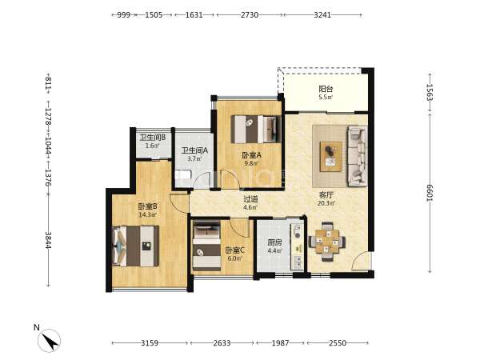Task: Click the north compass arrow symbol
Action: [x=49, y=340]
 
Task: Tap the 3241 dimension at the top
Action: [x=322, y=14]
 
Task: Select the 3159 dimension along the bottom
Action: [x=150, y=343]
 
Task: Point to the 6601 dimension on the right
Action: [x=430, y=193]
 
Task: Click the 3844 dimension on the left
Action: [x=48, y=240]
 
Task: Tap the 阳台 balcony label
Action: [x=326, y=89]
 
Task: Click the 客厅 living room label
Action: [x=326, y=195]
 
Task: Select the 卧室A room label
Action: [x=252, y=155]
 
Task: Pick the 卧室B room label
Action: [x=147, y=206]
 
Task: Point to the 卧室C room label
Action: [x=234, y=250]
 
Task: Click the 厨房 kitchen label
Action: [x=274, y=242]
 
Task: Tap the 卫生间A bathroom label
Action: [x=194, y=150]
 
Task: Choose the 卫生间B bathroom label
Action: [x=153, y=138]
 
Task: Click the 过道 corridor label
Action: [x=250, y=199]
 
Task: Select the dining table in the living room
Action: [x=327, y=242]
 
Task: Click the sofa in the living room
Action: [x=357, y=157]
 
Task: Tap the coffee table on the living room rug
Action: [x=331, y=156]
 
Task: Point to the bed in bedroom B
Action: [x=136, y=246]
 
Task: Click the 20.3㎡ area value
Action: [x=326, y=203]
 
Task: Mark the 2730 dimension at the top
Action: [x=249, y=14]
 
